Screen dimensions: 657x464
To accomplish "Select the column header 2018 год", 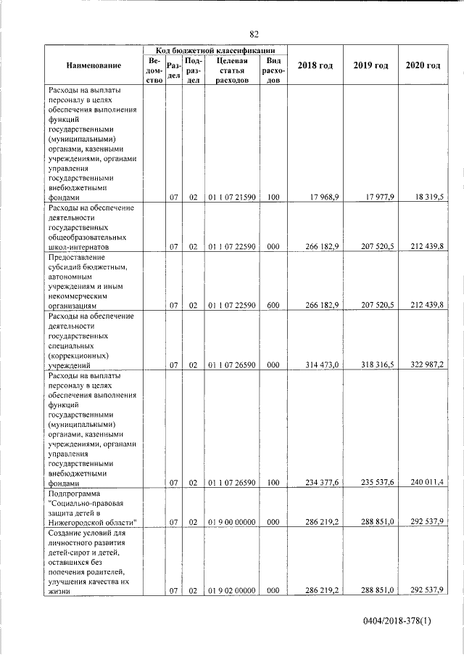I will pyautogui.click(x=315, y=66).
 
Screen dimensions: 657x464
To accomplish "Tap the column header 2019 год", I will pyautogui.click(x=370, y=66).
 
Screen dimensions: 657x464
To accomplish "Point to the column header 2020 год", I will pyautogui.click(x=423, y=66).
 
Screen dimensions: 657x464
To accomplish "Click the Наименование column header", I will pyautogui.click(x=94, y=66).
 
